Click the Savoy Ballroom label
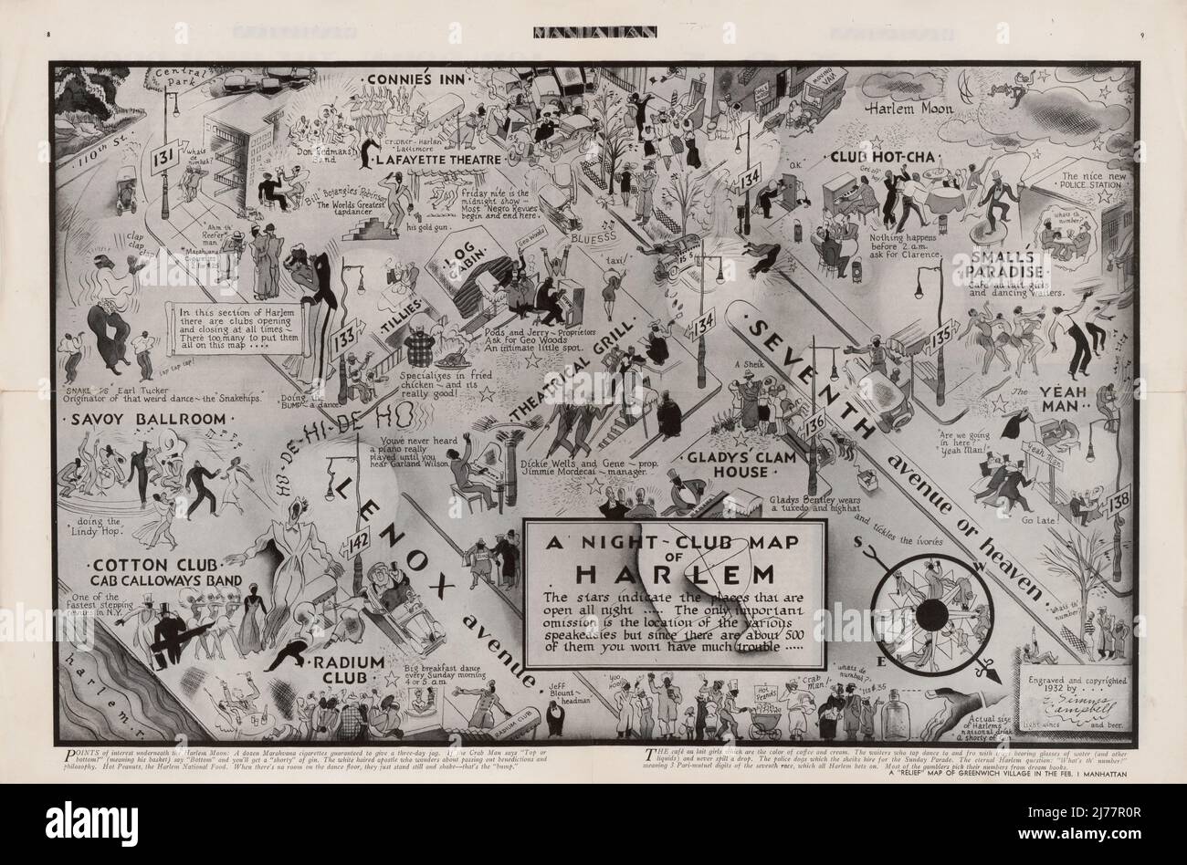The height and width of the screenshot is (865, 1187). (145, 419)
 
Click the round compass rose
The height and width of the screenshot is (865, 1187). (923, 610)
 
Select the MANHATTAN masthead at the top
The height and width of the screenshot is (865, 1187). (593, 36)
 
